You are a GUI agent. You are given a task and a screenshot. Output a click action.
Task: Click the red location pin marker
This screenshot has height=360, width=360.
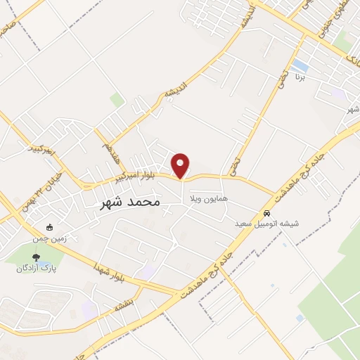181,165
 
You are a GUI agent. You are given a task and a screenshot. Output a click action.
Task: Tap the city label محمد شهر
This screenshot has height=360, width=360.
127,202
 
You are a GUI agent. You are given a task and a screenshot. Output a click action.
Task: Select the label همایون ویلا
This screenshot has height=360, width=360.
208,200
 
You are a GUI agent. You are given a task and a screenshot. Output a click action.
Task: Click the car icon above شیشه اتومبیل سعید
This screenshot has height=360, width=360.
267,213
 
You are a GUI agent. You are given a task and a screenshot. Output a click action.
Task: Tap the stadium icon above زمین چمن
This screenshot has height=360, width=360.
49,228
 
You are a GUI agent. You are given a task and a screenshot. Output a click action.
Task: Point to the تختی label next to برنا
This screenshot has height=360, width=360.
281,82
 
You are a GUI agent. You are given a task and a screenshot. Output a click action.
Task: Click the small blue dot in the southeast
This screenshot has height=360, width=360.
300,318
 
